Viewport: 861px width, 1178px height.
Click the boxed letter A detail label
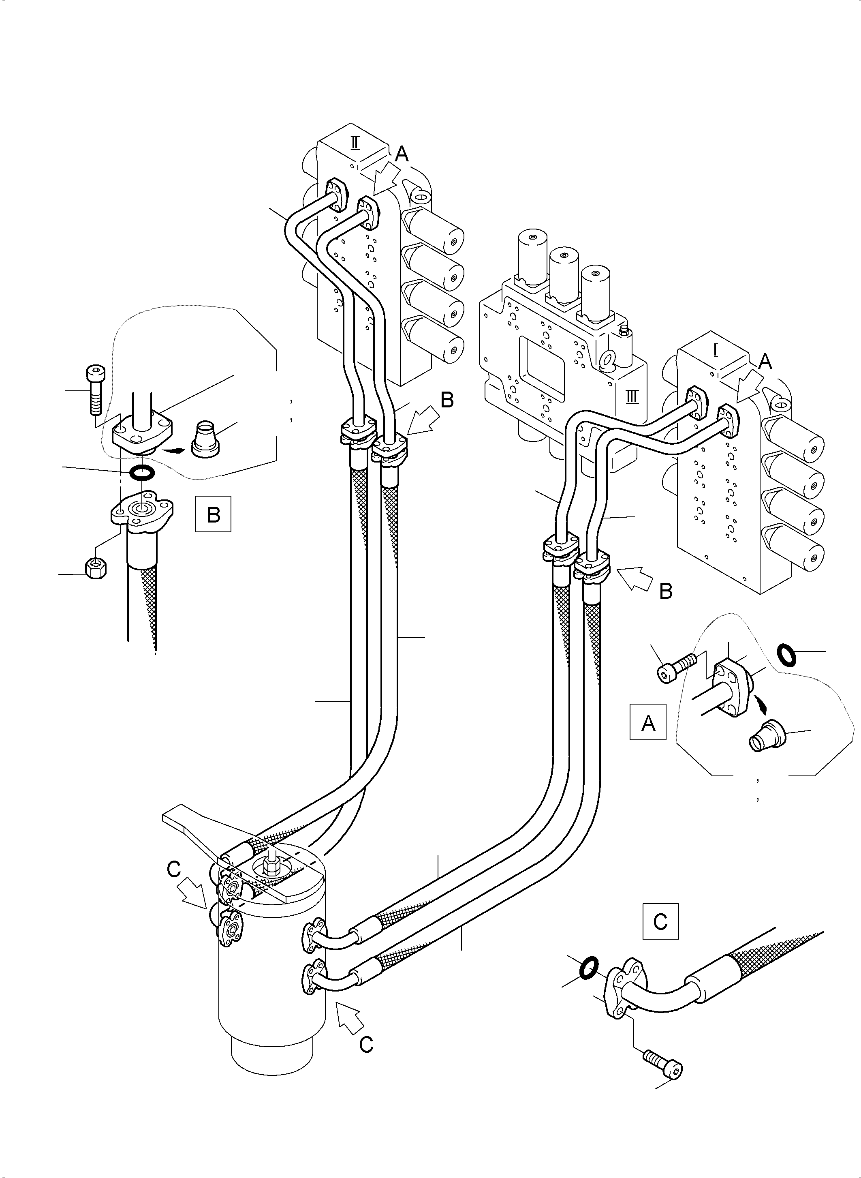pos(648,722)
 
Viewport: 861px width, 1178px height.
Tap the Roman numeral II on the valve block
pos(355,142)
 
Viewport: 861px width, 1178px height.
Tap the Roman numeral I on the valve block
pos(716,351)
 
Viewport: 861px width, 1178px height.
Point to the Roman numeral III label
pos(632,397)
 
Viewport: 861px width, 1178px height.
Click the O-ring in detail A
pos(786,655)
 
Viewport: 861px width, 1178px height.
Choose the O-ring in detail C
pos(588,968)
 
